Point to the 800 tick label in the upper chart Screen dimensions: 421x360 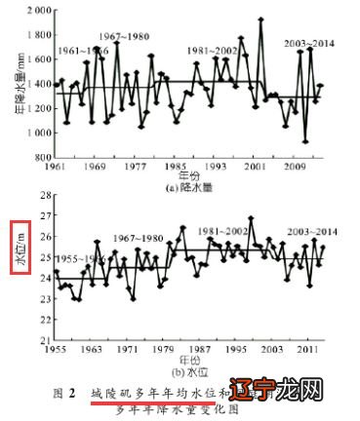coord(42,157)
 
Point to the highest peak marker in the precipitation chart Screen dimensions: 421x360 coord(260,19)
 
